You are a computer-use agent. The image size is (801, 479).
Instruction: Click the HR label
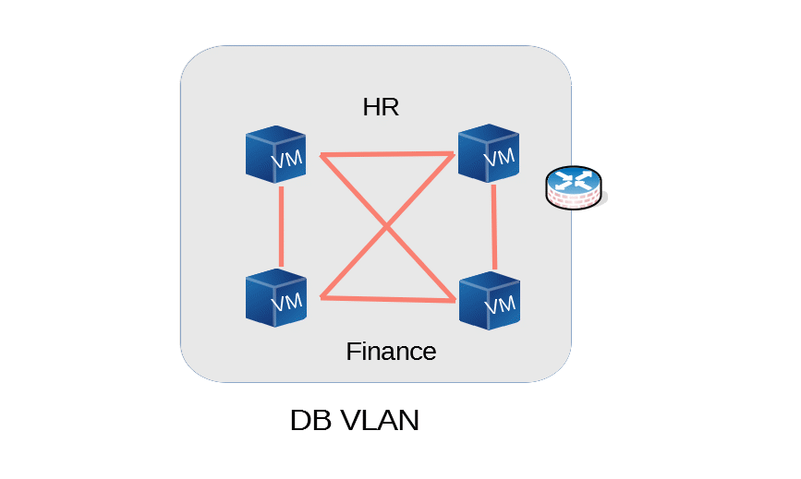pos(381,107)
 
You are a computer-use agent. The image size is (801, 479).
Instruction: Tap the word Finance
pos(391,352)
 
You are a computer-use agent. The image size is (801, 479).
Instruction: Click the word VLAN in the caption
pos(379,420)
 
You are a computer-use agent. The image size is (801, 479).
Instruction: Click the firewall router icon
pos(574,187)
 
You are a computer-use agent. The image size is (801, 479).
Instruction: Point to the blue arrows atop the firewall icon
pos(573,180)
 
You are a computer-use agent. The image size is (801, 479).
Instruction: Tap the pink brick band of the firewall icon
pos(574,199)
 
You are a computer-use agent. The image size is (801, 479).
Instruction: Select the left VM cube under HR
pos(276,154)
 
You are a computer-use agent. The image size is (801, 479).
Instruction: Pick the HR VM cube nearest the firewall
pos(489,153)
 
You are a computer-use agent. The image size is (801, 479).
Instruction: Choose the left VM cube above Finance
pos(276,298)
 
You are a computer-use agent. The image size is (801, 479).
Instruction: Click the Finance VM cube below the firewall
pos(490,301)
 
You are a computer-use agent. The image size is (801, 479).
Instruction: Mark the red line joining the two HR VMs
pos(387,153)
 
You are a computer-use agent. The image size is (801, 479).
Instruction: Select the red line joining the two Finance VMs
pos(388,299)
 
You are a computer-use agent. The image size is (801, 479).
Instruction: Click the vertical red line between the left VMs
pos(281,226)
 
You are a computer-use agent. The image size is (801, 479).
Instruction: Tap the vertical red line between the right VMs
pos(494,226)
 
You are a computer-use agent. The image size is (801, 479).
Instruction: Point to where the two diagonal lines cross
pos(387,226)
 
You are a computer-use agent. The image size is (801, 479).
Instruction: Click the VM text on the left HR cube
pos(287,159)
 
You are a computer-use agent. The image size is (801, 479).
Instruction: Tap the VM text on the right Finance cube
pos(500,305)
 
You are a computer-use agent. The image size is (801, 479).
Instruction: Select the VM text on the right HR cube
pos(499,158)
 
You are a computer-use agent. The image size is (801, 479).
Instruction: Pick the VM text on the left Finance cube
pos(287,303)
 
